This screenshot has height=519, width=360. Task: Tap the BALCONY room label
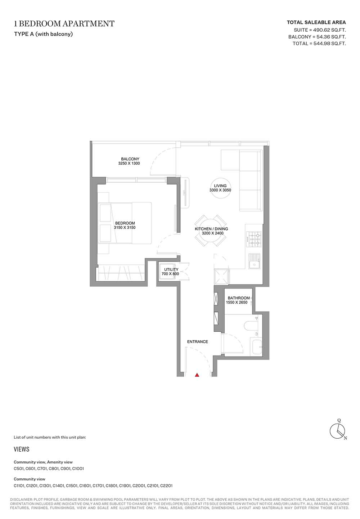point(130,159)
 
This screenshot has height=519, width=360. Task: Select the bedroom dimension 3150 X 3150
point(125,227)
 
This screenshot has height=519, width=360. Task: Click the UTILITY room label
point(171,269)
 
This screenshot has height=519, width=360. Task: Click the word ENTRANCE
point(198,341)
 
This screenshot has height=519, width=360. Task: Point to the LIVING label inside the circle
point(220,185)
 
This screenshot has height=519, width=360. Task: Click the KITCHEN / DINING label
point(211,229)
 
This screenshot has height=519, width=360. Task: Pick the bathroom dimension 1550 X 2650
point(237,302)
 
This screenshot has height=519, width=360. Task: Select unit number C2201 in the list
point(166,486)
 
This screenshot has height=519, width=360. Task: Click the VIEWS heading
point(22,449)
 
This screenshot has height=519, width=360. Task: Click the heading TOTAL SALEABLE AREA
point(316,22)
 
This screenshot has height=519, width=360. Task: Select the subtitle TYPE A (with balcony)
point(44,34)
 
